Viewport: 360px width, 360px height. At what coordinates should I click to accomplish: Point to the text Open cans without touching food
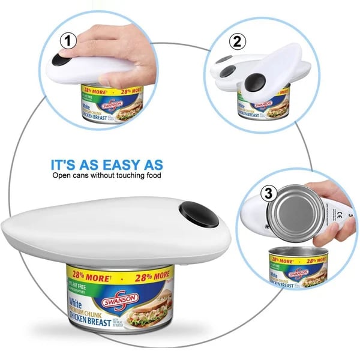point(107,176)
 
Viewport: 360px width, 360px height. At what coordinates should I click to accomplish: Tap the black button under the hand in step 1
point(59,60)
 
